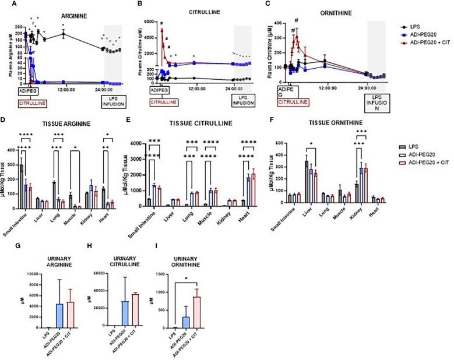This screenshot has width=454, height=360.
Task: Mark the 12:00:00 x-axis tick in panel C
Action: (327, 89)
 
